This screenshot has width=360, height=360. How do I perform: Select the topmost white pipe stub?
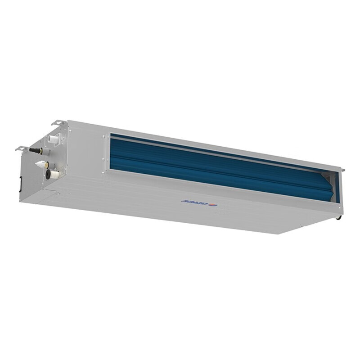[x=53, y=139]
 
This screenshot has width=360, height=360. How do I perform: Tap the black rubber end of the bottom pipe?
[x=48, y=174]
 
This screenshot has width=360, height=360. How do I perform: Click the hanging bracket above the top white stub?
[x=58, y=122]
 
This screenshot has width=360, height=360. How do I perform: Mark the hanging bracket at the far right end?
[x=342, y=170]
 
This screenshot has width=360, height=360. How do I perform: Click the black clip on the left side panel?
[x=20, y=183]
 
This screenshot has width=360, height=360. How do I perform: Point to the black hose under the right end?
[x=339, y=217]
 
